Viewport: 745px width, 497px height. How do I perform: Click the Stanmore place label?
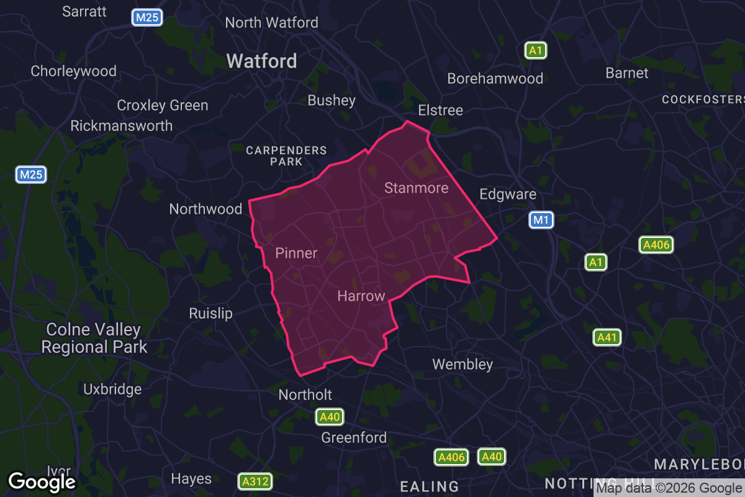click(416, 188)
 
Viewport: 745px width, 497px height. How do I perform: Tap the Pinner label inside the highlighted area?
click(296, 253)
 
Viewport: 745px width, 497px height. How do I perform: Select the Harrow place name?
click(361, 296)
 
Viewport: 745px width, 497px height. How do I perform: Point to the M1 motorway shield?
click(541, 219)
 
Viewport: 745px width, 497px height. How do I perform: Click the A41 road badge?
click(607, 337)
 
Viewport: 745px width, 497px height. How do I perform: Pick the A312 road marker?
click(255, 481)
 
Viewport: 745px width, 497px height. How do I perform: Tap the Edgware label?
click(508, 194)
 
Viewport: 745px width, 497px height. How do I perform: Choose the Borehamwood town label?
click(495, 78)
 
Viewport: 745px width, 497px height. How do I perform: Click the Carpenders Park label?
click(286, 156)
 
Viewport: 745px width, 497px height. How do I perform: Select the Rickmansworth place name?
click(122, 125)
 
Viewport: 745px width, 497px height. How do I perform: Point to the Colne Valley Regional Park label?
click(94, 338)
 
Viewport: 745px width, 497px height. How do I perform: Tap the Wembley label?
click(463, 364)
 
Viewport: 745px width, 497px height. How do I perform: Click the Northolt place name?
click(305, 394)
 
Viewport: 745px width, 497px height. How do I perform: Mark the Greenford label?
click(354, 437)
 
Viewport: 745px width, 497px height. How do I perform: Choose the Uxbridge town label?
click(112, 390)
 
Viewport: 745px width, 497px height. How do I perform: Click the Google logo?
click(42, 481)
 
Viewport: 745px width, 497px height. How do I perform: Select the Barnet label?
click(627, 73)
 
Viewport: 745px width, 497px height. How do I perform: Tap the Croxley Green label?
click(163, 105)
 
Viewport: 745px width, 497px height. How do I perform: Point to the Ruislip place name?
click(211, 313)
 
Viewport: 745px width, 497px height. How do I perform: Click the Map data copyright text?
click(669, 488)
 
